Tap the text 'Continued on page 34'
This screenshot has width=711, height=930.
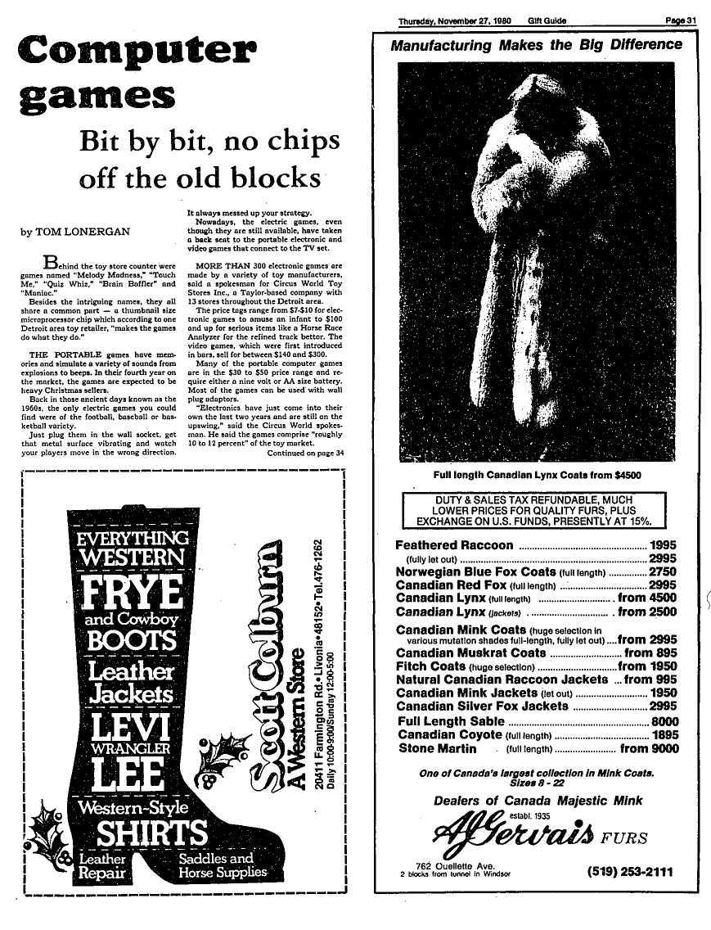click(305, 453)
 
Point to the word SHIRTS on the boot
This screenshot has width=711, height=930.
click(153, 834)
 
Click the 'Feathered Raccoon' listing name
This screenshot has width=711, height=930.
click(455, 545)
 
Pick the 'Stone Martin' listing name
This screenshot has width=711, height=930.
click(438, 748)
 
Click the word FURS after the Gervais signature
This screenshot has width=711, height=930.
click(626, 837)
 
